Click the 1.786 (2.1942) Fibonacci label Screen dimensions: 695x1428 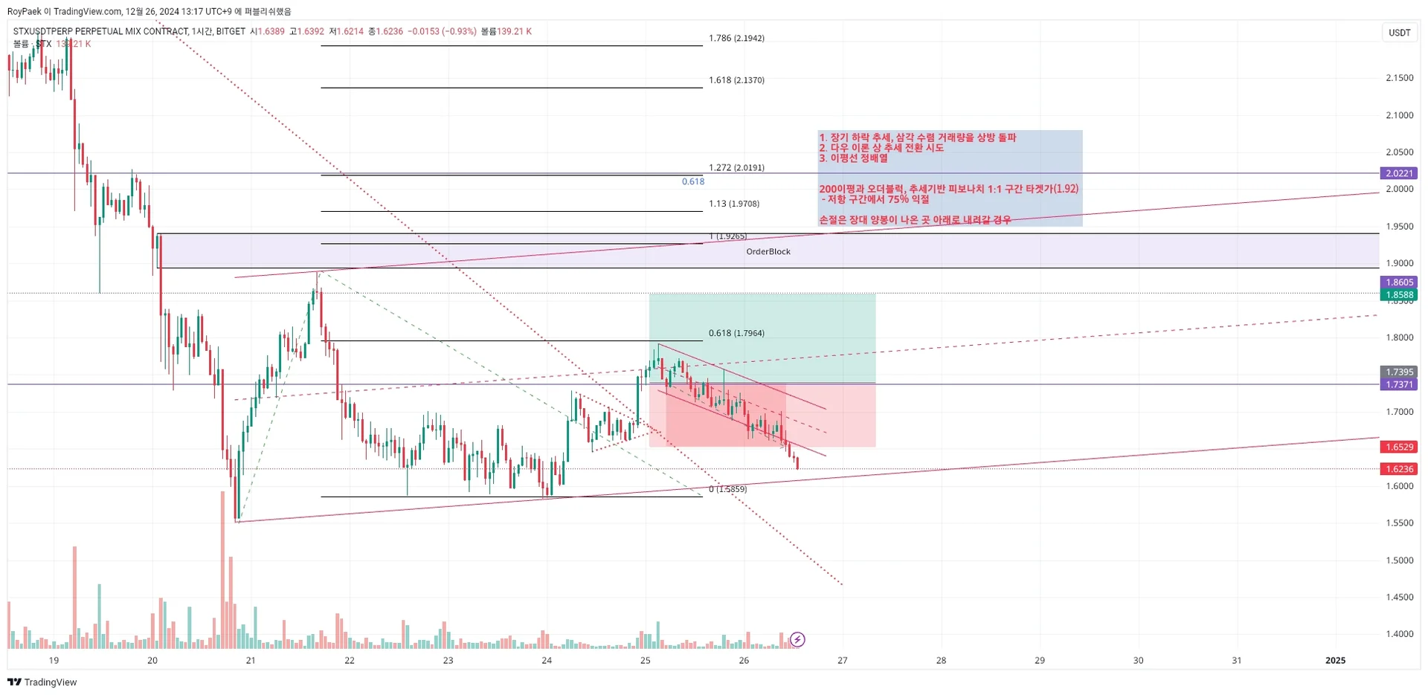pyautogui.click(x=736, y=38)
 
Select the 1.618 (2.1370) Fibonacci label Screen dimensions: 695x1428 pyautogui.click(x=736, y=80)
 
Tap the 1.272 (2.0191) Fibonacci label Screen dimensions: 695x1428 pyautogui.click(x=736, y=168)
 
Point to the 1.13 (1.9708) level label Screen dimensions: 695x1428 pyautogui.click(x=734, y=204)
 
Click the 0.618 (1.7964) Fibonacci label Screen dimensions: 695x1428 pyautogui.click(x=736, y=333)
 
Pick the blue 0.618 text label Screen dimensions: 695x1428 pyautogui.click(x=693, y=181)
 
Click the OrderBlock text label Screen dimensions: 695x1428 pyautogui.click(x=768, y=252)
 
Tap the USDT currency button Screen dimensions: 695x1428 pyautogui.click(x=1399, y=33)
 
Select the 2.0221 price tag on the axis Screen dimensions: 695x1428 pyautogui.click(x=1399, y=173)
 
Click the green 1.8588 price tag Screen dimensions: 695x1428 pyautogui.click(x=1399, y=295)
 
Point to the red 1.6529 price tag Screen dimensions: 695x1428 pyautogui.click(x=1399, y=447)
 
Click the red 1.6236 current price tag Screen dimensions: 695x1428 pyautogui.click(x=1399, y=469)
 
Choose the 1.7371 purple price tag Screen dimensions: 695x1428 pyautogui.click(x=1399, y=384)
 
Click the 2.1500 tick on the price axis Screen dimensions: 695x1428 pyautogui.click(x=1399, y=78)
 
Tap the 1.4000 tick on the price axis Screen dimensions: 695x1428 pyautogui.click(x=1399, y=634)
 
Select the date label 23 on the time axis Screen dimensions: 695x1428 pyautogui.click(x=448, y=660)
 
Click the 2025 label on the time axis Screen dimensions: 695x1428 pyautogui.click(x=1336, y=660)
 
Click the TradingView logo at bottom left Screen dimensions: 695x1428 pyautogui.click(x=42, y=682)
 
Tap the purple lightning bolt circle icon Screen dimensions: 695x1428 pyautogui.click(x=797, y=639)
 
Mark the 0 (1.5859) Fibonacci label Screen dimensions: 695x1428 pyautogui.click(x=728, y=489)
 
